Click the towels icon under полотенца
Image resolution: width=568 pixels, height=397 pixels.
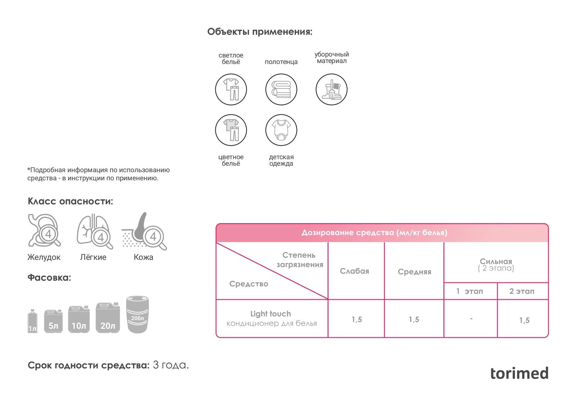281,89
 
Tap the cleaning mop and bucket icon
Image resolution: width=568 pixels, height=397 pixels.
331,89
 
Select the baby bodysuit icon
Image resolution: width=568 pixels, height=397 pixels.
281,130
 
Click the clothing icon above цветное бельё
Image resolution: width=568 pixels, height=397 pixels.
231,130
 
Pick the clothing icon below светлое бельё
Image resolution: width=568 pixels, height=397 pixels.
231,89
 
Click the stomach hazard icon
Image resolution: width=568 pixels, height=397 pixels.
44,230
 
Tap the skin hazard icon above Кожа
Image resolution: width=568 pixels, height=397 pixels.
144,231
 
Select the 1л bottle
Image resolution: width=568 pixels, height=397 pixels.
32,321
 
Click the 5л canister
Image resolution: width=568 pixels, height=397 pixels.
53,321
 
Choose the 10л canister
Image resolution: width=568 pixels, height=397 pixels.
79,319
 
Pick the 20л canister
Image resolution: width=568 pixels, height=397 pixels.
108,317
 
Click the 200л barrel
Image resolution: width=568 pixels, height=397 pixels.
137,314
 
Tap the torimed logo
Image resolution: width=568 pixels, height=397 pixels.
519,373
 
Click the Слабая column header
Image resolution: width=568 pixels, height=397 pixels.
355,271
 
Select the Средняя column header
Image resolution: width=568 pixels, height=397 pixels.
414,272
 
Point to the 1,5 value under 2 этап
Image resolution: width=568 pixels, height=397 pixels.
524,320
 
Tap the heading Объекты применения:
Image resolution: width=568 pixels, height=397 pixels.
260,32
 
